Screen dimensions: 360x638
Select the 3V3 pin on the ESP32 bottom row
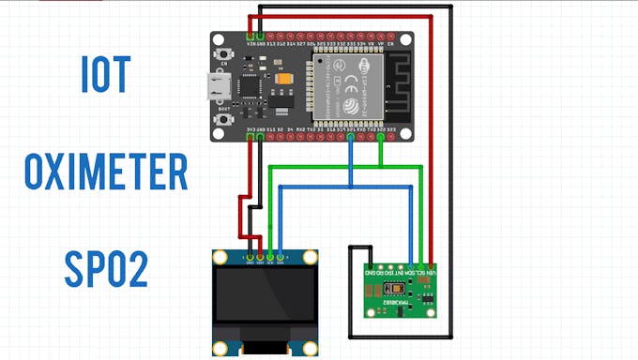250,138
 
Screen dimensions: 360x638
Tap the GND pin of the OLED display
250,256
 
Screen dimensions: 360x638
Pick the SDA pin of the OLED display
281,256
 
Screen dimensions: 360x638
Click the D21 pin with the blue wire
350,138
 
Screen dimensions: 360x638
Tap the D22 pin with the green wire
382,138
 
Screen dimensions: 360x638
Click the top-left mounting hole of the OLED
220,257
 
